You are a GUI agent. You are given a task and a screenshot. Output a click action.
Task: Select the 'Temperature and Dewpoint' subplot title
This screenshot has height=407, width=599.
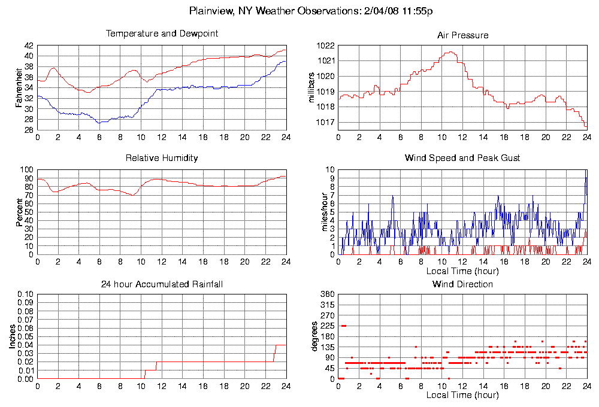click(x=162, y=34)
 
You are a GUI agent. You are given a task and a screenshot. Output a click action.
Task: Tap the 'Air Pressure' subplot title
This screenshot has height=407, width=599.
click(x=462, y=35)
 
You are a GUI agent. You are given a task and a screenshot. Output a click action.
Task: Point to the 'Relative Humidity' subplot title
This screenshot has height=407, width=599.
click(x=162, y=158)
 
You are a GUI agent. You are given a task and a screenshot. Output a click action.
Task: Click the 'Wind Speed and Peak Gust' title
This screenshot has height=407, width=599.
click(x=462, y=158)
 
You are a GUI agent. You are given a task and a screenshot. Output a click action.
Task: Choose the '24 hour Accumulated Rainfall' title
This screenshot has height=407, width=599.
click(x=162, y=284)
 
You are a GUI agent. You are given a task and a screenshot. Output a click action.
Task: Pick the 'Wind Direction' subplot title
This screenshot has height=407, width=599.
click(x=462, y=284)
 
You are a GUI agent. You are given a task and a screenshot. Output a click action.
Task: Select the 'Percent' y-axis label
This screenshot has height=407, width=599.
click(x=19, y=212)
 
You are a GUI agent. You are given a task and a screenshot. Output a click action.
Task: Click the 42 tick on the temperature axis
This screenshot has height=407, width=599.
click(x=29, y=45)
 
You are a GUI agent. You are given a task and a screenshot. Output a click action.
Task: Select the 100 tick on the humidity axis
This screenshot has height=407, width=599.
click(x=27, y=170)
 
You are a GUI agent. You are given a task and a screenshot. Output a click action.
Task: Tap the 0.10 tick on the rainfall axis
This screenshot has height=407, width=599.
click(x=25, y=294)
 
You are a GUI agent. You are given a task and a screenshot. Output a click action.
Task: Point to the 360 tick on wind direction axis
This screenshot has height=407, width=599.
click(x=327, y=294)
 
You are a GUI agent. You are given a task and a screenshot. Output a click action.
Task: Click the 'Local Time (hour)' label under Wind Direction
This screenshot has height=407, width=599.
click(x=462, y=396)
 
